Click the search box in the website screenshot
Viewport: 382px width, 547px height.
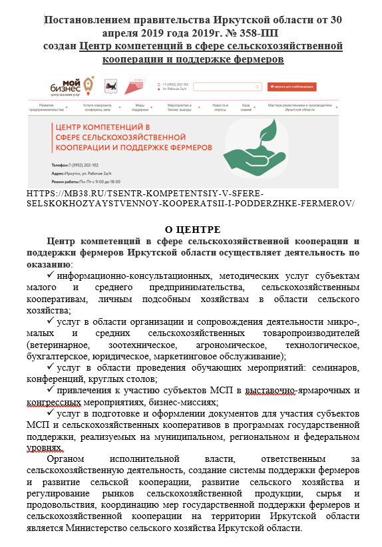tap(226, 87)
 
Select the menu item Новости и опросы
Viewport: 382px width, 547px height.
tap(220, 108)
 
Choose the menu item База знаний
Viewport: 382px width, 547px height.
tap(246, 108)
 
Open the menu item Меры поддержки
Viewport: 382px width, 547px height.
tap(140, 108)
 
